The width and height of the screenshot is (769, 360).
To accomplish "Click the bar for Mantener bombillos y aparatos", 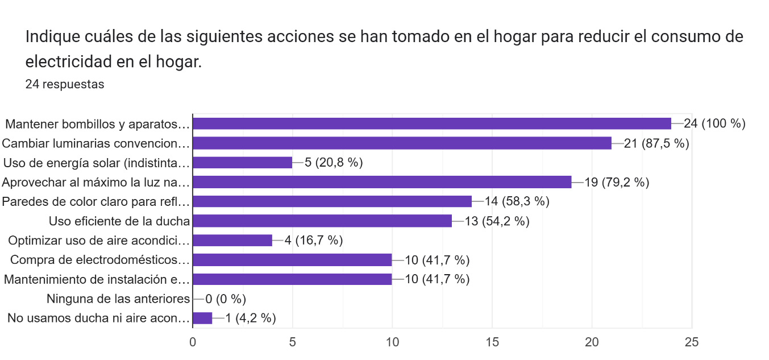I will point(432,124).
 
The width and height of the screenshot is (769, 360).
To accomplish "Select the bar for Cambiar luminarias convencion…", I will point(402,143).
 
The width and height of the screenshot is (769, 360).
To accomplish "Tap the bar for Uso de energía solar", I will point(243,163).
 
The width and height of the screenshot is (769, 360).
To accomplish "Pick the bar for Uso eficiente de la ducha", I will point(322,221).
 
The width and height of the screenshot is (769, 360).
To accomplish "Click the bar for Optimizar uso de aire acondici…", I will point(232,241).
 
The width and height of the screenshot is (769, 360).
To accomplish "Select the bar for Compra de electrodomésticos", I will point(292,260).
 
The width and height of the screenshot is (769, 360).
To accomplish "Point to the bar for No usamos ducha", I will point(202,318).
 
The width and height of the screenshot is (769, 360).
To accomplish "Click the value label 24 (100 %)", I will point(714,124).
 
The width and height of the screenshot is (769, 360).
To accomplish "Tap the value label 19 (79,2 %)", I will point(617,182).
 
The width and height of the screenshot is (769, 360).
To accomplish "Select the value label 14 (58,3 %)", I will point(517,201).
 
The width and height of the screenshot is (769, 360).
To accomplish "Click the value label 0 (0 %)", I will point(226,299).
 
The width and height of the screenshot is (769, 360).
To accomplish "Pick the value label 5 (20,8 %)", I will point(334,163).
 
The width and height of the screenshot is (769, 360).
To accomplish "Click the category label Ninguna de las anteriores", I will point(118,299).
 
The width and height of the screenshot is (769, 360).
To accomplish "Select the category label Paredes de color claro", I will point(95,201).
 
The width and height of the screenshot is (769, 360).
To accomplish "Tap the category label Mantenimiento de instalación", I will point(95,279).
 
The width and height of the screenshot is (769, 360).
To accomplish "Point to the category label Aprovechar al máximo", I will point(95,182).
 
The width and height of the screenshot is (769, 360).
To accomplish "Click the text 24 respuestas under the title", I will point(65,84).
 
